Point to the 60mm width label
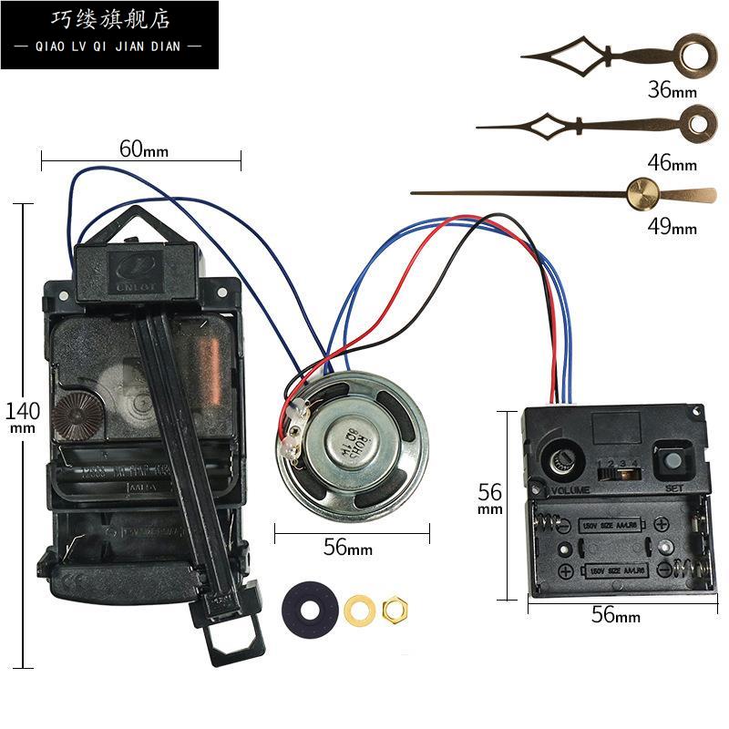[x=144, y=149]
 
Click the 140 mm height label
[x=22, y=415]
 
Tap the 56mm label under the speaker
[x=348, y=548]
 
